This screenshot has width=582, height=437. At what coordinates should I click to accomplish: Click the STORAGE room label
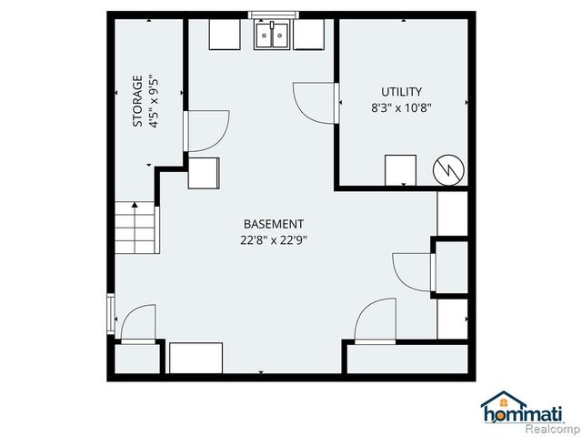[138, 100]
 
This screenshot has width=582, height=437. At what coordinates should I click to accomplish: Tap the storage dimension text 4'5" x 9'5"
[154, 100]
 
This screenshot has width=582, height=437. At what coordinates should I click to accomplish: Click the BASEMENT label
[273, 224]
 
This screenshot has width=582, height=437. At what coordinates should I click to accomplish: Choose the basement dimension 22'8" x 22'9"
[273, 240]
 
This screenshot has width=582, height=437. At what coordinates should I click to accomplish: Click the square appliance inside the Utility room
[400, 170]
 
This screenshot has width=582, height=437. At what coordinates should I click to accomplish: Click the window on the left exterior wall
[111, 314]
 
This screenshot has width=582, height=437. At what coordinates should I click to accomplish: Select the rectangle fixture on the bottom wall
[196, 358]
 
